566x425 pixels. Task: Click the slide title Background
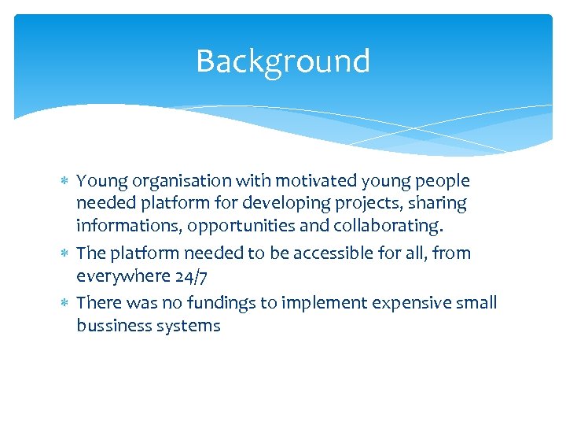tap(282, 61)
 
